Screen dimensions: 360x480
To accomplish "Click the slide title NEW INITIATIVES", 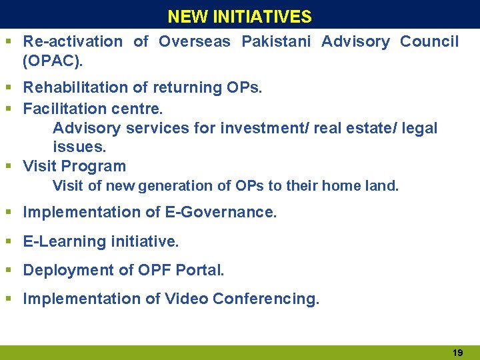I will point(239,16).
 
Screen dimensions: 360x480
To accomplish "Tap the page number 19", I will point(458,351).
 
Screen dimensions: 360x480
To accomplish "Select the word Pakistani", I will point(276,41).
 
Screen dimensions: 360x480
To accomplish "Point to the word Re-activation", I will point(73,41).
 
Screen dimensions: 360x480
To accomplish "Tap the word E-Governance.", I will point(221,213).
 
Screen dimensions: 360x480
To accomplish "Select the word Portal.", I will point(200,270).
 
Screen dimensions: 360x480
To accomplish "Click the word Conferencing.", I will point(266,299).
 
